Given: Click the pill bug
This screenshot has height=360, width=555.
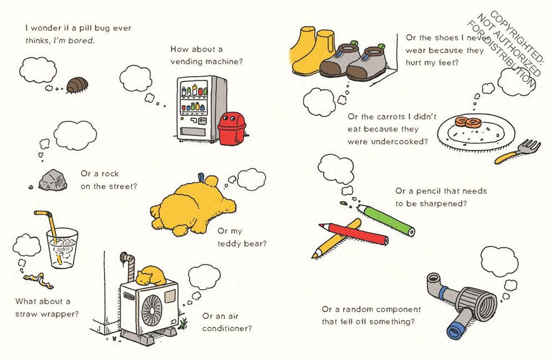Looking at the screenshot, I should tap(77, 85).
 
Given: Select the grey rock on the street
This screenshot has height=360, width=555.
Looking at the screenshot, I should tap(50, 178).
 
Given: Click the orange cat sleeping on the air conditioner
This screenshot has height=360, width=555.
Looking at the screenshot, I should tap(152, 274).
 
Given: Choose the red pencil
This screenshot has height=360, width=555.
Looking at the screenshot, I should tap(353, 234).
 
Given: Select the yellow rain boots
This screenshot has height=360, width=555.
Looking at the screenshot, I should tap(310, 53).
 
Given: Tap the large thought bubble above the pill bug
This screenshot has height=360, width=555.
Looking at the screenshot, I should tap(38, 70).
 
